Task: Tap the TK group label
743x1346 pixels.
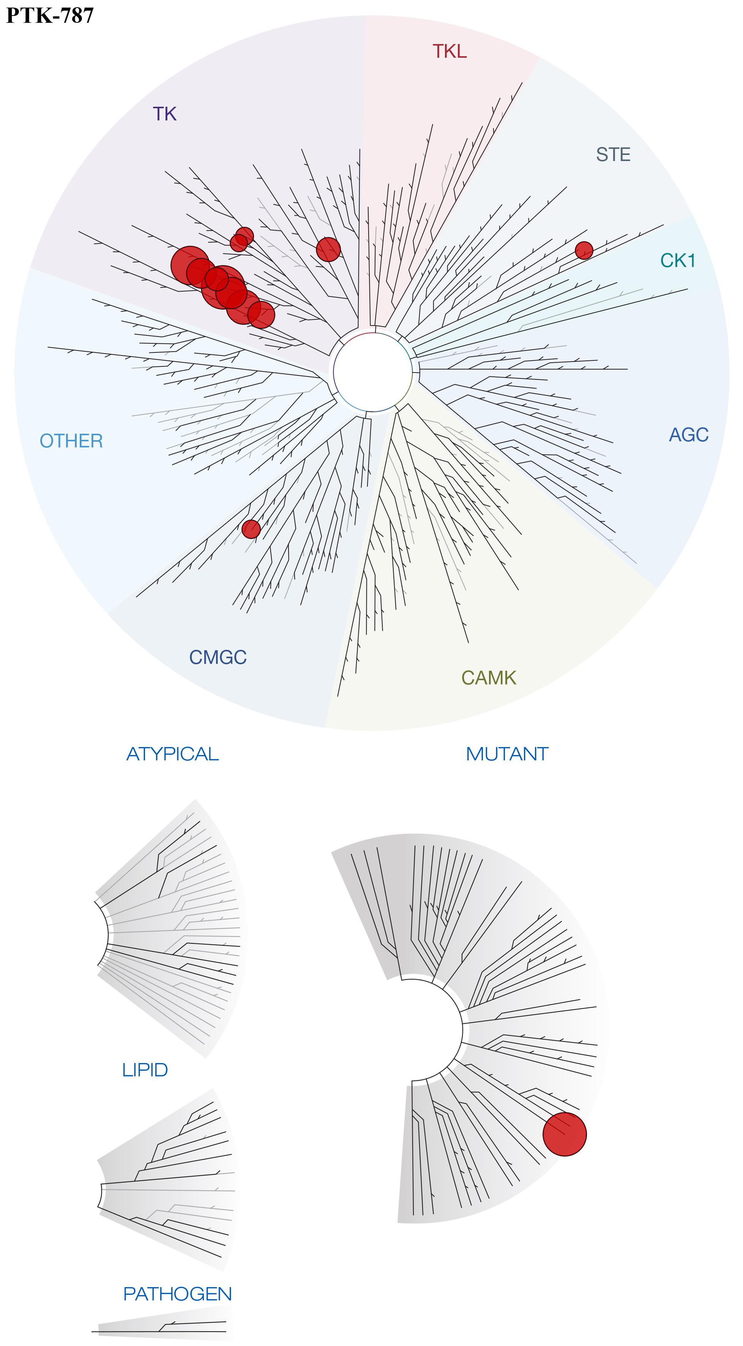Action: pos(165,114)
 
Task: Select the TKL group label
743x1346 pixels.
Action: pos(450,51)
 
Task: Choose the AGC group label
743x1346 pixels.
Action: pos(689,435)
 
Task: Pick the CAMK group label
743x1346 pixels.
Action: pos(489,678)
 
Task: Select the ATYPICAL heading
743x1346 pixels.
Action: pos(172,754)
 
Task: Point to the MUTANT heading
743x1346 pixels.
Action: pos(507,754)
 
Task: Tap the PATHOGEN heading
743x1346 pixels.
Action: pos(177,1294)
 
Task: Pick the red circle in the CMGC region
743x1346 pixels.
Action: pos(251,529)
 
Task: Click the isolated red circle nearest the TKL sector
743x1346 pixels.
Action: pos(328,249)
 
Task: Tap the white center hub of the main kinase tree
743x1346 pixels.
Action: pos(372,372)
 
